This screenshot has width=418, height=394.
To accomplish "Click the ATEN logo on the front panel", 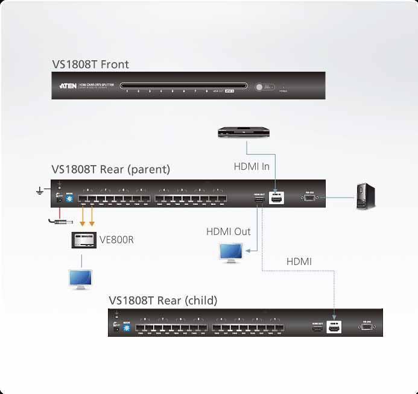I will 67,86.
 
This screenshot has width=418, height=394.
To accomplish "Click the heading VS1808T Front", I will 90,64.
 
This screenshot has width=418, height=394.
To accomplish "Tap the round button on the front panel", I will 261,87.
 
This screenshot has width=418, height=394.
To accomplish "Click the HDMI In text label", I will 252,166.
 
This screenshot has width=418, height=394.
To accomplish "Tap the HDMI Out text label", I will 228,231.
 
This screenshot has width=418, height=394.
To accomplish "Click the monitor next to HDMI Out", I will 230,252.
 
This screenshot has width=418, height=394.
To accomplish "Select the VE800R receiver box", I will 82,240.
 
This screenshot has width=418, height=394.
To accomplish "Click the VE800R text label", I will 116,240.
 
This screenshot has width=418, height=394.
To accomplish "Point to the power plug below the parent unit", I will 57,222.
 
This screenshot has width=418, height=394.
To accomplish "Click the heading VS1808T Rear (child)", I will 163,300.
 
